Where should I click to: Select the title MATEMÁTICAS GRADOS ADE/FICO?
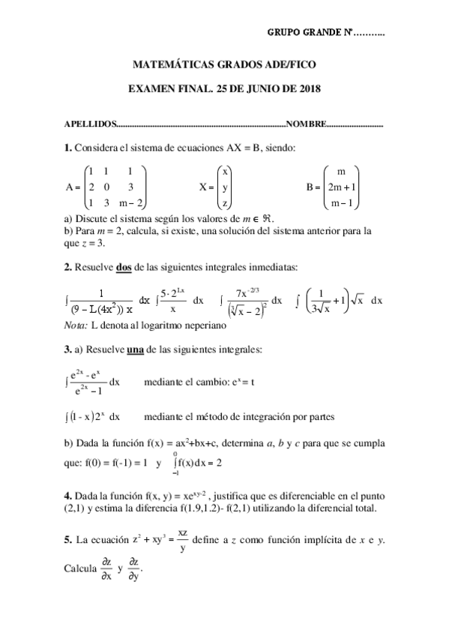(x=224, y=65)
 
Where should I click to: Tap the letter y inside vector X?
(x=226, y=187)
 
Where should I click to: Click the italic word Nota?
(x=76, y=325)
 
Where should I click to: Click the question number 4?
(x=67, y=496)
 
